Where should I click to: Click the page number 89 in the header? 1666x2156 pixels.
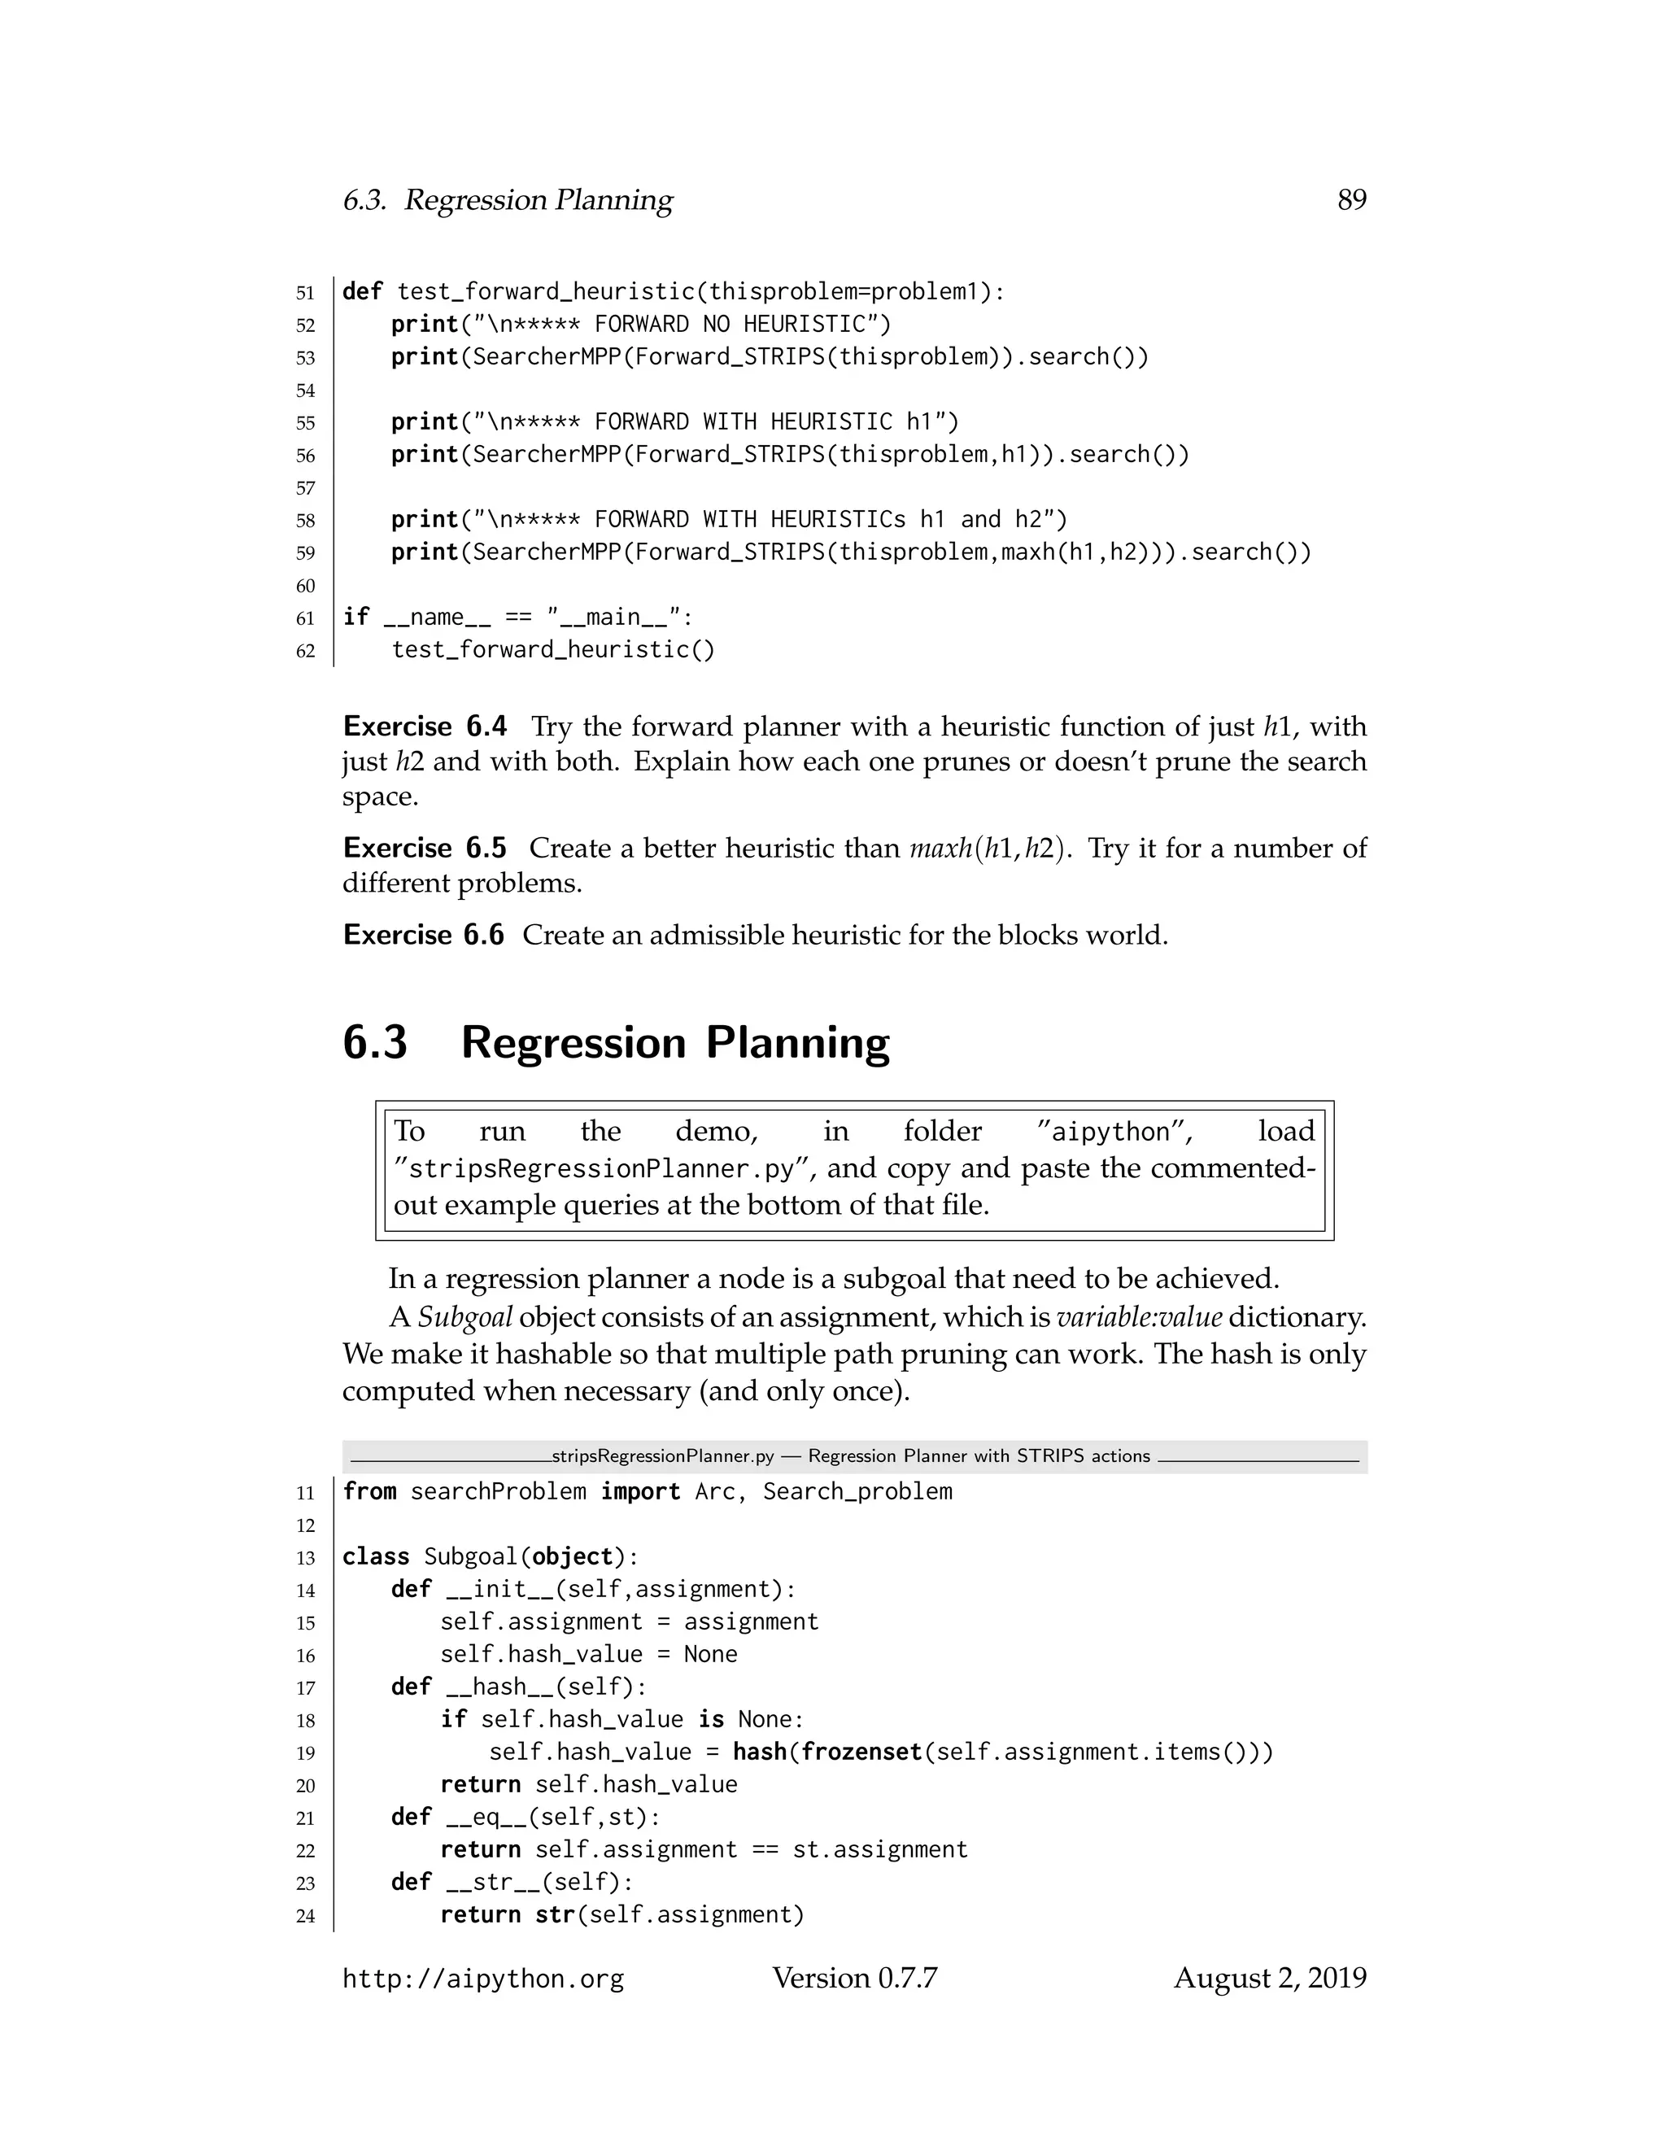[1351, 200]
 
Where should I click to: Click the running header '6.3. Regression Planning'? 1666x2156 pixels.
[508, 200]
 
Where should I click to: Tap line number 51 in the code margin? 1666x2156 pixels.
[305, 293]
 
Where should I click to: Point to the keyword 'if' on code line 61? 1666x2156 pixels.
[355, 617]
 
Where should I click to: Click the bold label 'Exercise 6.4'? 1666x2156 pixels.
[425, 727]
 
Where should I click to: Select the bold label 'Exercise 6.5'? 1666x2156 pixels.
[425, 848]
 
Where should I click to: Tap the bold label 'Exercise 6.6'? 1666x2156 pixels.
[423, 935]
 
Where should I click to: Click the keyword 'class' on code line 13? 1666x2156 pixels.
[375, 1556]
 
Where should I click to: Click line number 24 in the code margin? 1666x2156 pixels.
[305, 1916]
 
